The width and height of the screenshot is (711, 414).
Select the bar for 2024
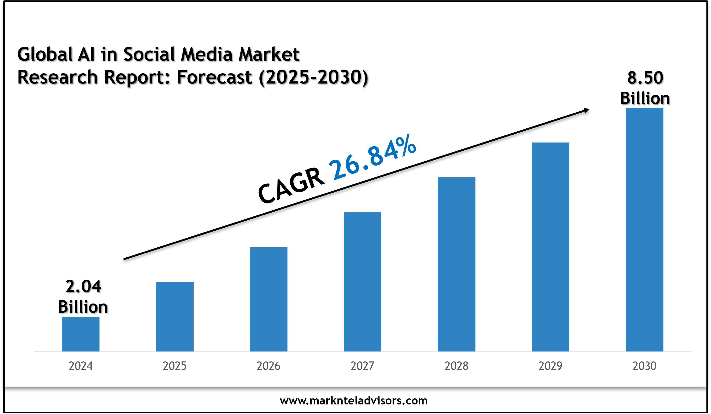80,334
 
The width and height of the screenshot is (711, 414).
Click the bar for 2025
175,317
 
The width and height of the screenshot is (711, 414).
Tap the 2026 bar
269,299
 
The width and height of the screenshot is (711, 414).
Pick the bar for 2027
362,282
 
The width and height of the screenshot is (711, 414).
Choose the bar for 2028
457,264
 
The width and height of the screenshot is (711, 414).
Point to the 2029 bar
550,247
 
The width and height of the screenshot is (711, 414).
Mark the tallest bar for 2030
644,230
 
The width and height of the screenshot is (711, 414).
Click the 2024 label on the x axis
81,366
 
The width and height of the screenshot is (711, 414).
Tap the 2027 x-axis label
362,366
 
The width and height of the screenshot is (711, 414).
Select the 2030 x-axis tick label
644,366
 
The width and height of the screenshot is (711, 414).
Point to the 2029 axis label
550,366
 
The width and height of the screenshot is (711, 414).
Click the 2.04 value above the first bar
83,286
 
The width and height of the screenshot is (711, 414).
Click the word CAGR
291,186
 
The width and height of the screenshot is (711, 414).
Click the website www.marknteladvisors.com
354,401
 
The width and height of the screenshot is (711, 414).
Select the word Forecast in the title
214,77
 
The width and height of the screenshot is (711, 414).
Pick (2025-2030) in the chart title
313,77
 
